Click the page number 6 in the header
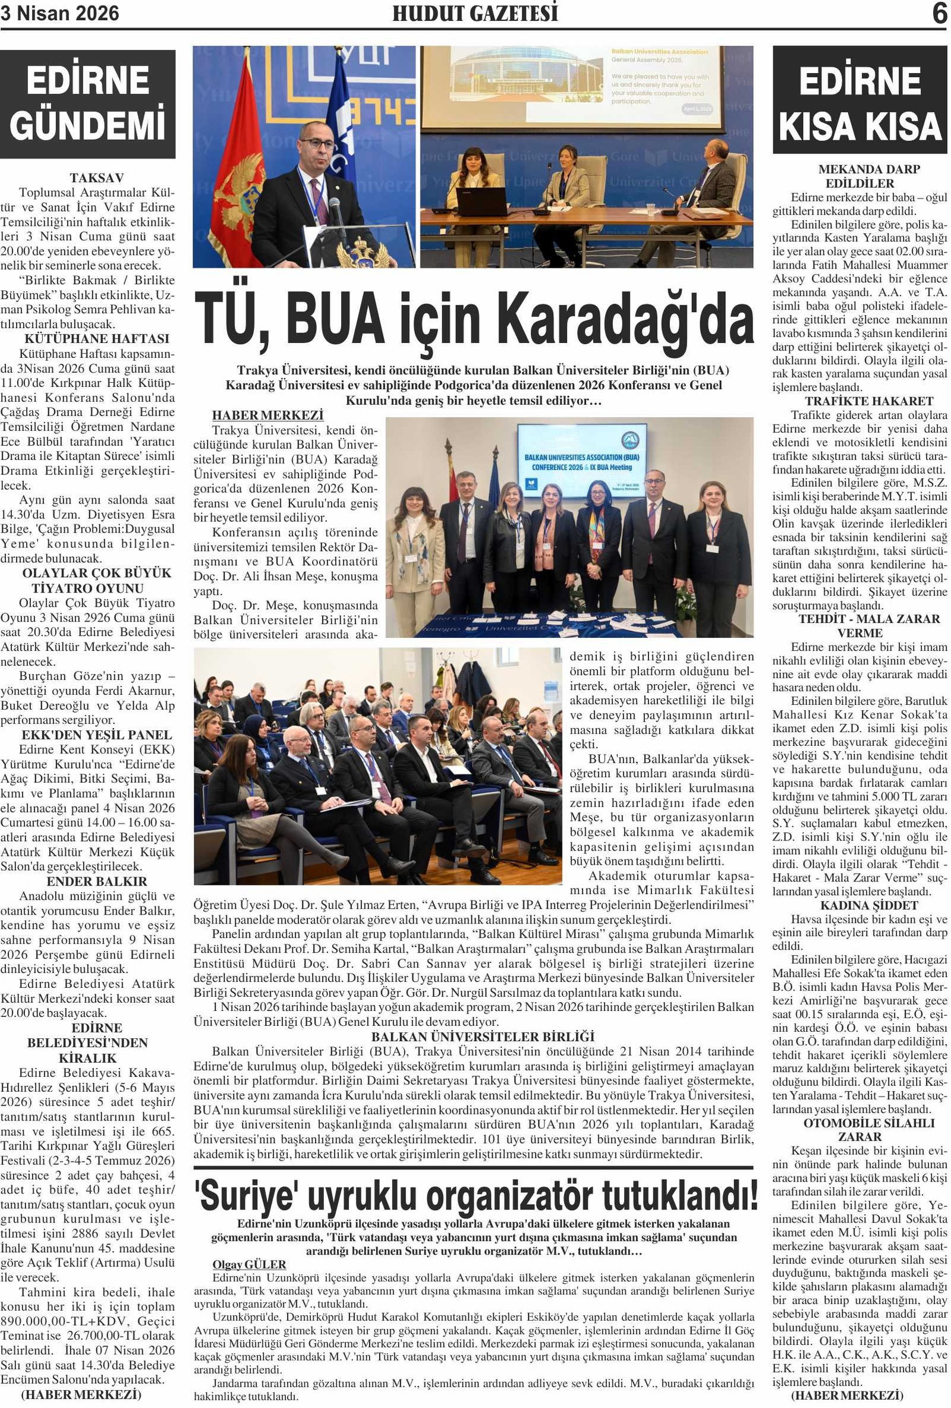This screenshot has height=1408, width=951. [939, 13]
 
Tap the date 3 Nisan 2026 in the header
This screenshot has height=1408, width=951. [59, 13]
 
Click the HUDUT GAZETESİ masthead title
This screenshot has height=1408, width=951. [475, 13]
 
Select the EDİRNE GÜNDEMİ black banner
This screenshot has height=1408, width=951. [88, 103]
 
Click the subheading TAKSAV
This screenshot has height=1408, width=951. [96, 178]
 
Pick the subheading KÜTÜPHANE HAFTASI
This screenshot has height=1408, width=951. [96, 339]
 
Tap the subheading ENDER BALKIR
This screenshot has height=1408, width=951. [96, 881]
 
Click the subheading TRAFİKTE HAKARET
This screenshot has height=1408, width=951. [859, 401]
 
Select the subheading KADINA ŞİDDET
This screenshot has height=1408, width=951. [859, 905]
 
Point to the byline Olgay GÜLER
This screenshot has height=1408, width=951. [249, 1264]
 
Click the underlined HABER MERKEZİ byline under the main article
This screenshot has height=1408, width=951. [267, 415]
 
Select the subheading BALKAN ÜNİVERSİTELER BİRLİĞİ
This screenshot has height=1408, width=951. [483, 1037]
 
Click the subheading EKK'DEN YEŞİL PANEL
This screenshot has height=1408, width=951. [96, 735]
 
